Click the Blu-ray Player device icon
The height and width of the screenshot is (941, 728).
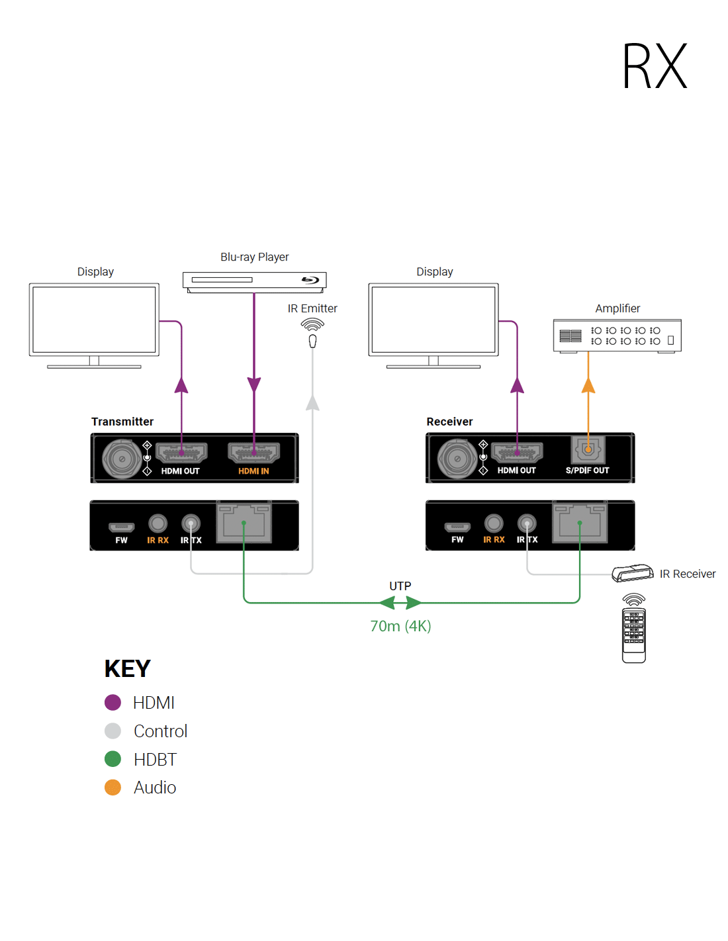(x=254, y=281)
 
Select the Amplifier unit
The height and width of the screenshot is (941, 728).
(x=617, y=336)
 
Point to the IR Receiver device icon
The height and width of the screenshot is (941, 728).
(x=632, y=573)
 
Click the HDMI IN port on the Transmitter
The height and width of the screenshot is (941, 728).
(x=253, y=453)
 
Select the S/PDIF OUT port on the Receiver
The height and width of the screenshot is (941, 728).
(x=588, y=451)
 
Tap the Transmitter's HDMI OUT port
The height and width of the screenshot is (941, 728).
(x=181, y=453)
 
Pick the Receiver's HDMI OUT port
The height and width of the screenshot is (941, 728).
(x=517, y=453)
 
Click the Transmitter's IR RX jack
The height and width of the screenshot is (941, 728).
(x=158, y=523)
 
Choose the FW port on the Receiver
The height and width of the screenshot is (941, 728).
(x=457, y=527)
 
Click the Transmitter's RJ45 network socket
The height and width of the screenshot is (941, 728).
(x=244, y=523)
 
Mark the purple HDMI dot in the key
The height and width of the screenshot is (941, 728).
(x=113, y=702)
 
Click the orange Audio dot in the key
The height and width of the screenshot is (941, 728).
(x=113, y=787)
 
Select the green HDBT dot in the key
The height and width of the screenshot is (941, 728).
(x=113, y=759)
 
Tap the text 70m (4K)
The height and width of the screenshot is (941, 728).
(x=400, y=626)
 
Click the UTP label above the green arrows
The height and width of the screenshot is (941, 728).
(x=400, y=586)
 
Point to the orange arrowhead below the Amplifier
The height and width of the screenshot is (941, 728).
(x=588, y=385)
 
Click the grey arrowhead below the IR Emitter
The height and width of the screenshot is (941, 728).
(x=312, y=402)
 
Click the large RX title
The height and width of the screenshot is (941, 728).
(x=655, y=66)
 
